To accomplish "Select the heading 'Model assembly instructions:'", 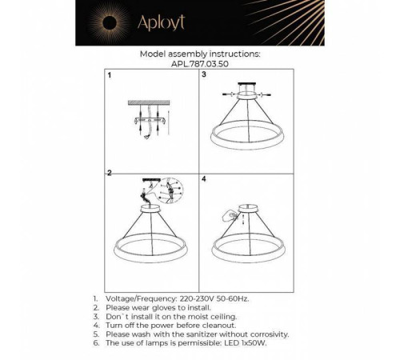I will tap(199, 54).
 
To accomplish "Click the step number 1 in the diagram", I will tap(110, 76).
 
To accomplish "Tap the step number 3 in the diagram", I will tap(204, 76).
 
